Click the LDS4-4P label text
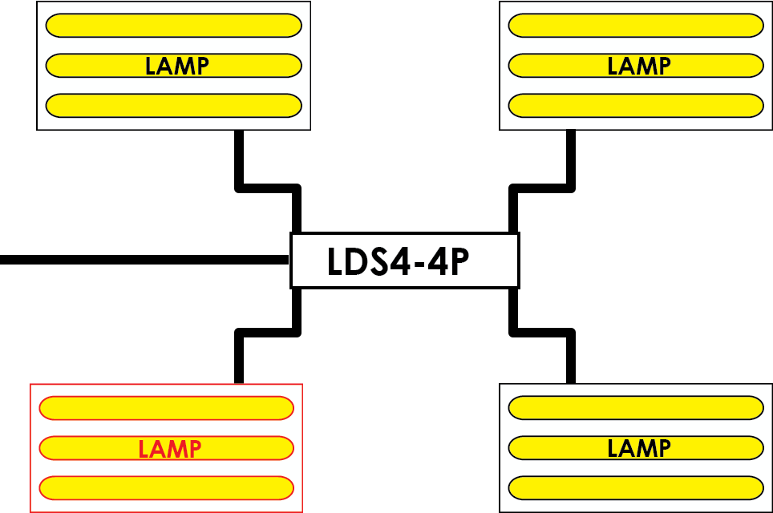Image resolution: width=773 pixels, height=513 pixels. tap(398, 261)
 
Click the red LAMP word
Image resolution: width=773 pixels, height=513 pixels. tap(169, 449)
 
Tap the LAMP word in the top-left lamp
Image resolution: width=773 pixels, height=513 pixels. tap(177, 66)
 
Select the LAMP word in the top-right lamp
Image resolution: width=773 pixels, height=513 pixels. tap(639, 66)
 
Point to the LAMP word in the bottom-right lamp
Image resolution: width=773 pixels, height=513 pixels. tap(639, 448)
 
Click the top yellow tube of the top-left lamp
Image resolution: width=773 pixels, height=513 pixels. tap(173, 26)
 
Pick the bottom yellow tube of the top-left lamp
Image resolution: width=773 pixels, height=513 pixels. tap(173, 106)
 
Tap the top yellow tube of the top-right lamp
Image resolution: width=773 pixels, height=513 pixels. tap(636, 26)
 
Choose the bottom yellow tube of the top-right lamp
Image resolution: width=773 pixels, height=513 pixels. tap(636, 106)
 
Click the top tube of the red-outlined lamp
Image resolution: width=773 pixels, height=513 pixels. tap(167, 408)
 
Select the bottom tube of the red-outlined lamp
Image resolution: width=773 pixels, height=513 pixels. tap(167, 488)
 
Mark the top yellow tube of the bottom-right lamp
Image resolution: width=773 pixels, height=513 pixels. tap(636, 408)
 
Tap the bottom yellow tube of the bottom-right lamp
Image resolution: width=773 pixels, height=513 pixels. tap(636, 488)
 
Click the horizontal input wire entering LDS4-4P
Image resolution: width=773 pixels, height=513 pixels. tap(144, 260)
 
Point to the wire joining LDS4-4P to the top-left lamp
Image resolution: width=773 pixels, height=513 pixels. tap(268, 188)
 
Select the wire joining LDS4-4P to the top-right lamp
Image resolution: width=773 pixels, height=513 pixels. tap(542, 188)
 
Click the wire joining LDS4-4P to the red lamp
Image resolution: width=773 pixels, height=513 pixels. tap(268, 333)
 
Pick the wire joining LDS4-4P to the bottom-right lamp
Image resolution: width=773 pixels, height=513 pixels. tap(542, 333)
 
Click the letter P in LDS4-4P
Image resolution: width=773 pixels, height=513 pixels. tap(459, 261)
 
